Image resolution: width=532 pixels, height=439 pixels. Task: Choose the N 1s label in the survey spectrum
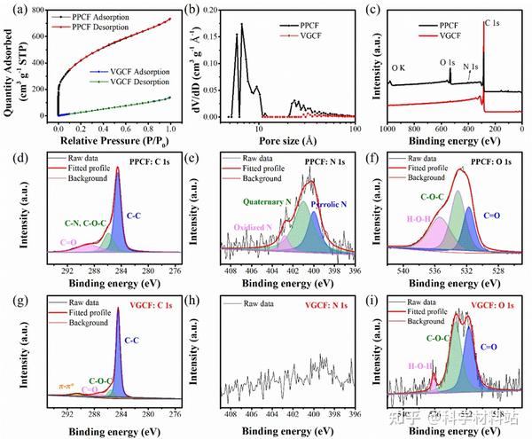[471, 67]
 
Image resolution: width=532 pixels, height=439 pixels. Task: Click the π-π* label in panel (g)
[66, 386]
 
